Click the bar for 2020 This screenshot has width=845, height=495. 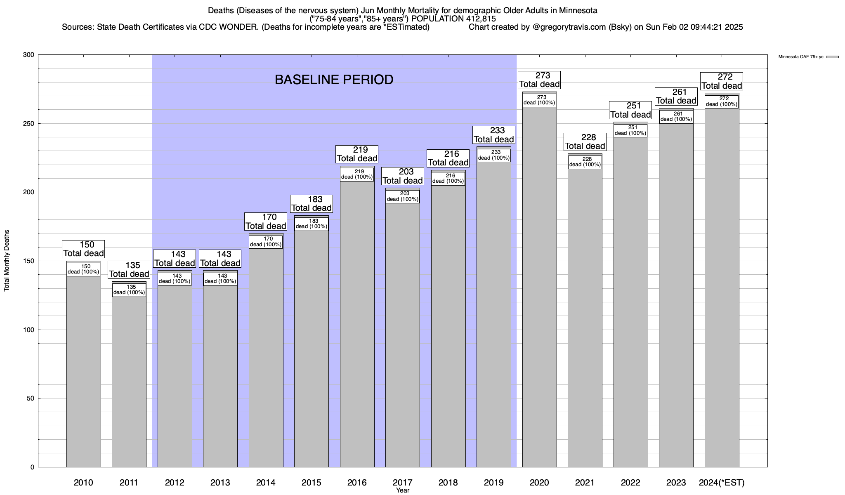(x=539, y=289)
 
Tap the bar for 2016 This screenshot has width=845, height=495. (x=357, y=322)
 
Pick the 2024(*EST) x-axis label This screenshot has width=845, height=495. (x=722, y=482)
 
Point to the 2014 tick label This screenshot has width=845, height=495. (x=266, y=482)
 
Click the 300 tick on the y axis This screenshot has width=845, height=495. (x=28, y=55)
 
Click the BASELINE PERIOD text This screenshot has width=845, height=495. (x=334, y=80)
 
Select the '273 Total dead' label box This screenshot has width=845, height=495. (x=539, y=80)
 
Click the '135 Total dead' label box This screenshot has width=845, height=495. (x=129, y=270)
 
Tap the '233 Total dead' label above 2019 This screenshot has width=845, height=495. (x=494, y=135)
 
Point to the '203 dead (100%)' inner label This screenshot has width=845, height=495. (x=403, y=196)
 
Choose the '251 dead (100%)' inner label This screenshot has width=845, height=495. (x=630, y=130)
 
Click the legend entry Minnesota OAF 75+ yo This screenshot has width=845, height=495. (x=800, y=57)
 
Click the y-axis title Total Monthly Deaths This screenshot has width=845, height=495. (x=7, y=261)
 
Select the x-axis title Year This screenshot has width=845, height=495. (x=402, y=490)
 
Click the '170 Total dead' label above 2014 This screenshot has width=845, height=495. (x=266, y=222)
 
